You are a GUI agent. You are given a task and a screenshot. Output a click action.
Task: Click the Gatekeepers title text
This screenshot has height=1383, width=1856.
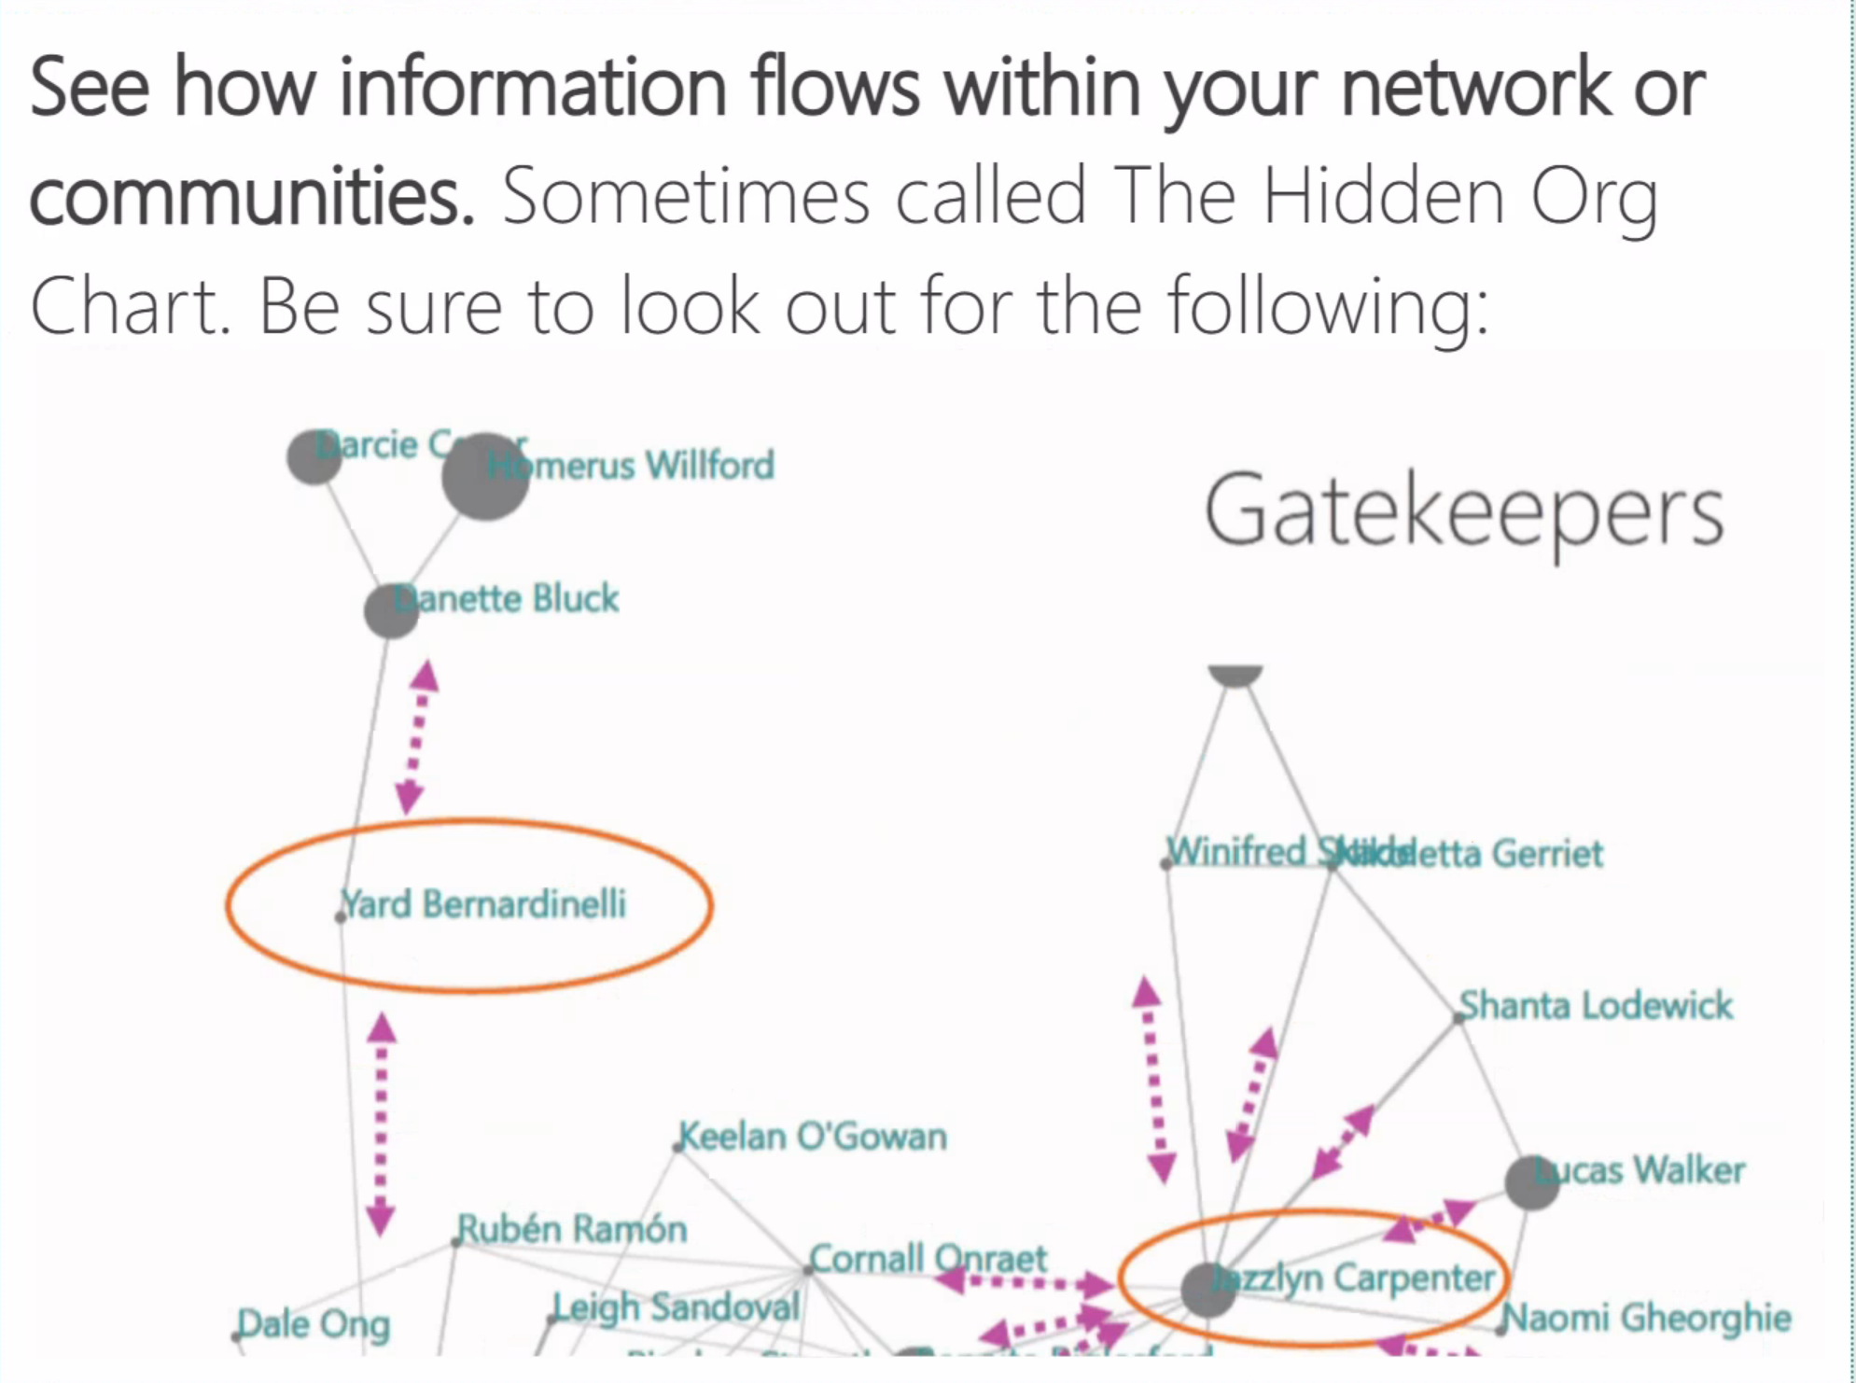1463,511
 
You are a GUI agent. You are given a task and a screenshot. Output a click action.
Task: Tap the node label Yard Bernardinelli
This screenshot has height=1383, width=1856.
482,904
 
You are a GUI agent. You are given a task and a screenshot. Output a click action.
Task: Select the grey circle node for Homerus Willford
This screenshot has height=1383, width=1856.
484,476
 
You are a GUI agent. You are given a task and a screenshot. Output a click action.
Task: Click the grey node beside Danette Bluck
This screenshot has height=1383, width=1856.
390,611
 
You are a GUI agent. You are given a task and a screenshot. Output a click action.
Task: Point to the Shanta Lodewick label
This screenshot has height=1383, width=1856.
1596,1006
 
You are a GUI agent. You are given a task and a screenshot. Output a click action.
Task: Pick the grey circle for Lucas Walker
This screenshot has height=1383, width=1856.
1531,1182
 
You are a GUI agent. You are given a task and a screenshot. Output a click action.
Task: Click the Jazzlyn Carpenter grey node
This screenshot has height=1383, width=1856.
1208,1290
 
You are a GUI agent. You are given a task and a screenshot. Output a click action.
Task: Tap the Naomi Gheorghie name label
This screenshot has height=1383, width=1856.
1648,1318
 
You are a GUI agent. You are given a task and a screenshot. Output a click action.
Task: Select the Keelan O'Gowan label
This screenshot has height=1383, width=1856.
813,1137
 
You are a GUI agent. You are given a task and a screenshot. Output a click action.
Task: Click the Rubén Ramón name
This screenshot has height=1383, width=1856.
572,1229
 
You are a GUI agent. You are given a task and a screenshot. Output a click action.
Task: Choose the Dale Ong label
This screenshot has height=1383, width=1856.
314,1324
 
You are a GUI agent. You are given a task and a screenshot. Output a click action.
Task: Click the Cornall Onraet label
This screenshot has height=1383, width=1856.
928,1259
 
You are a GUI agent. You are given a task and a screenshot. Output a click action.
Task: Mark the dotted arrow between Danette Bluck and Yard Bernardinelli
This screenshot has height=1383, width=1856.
416,737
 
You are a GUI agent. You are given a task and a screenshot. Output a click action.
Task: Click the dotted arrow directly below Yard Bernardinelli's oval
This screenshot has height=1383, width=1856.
381,1125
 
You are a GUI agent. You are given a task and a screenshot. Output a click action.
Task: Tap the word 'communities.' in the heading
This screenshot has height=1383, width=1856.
252,196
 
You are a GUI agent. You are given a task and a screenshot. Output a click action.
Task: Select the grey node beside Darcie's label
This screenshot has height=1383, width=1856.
314,457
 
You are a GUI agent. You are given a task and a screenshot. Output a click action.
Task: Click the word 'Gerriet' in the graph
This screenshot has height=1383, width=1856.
1546,853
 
